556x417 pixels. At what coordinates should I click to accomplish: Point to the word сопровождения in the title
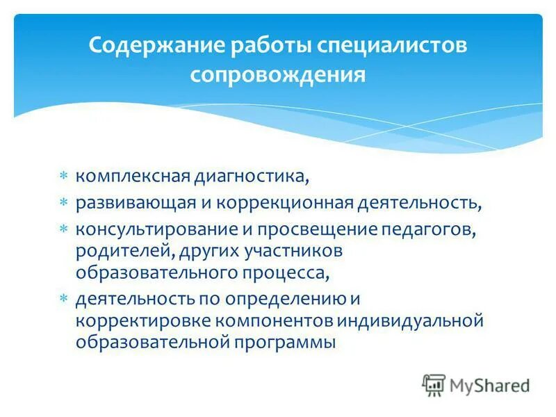pos(278,74)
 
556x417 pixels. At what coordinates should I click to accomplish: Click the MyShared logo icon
pos(434,384)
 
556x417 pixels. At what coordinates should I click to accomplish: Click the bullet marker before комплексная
pos(63,176)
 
